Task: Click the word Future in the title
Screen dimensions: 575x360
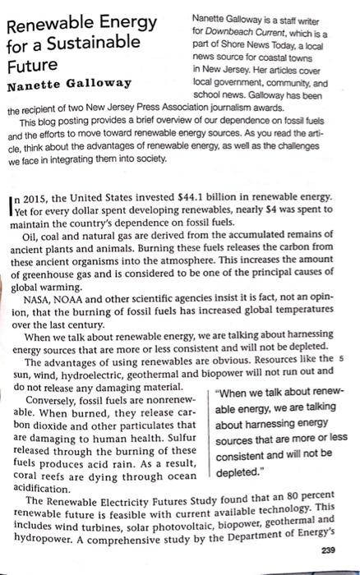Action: pos(34,63)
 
